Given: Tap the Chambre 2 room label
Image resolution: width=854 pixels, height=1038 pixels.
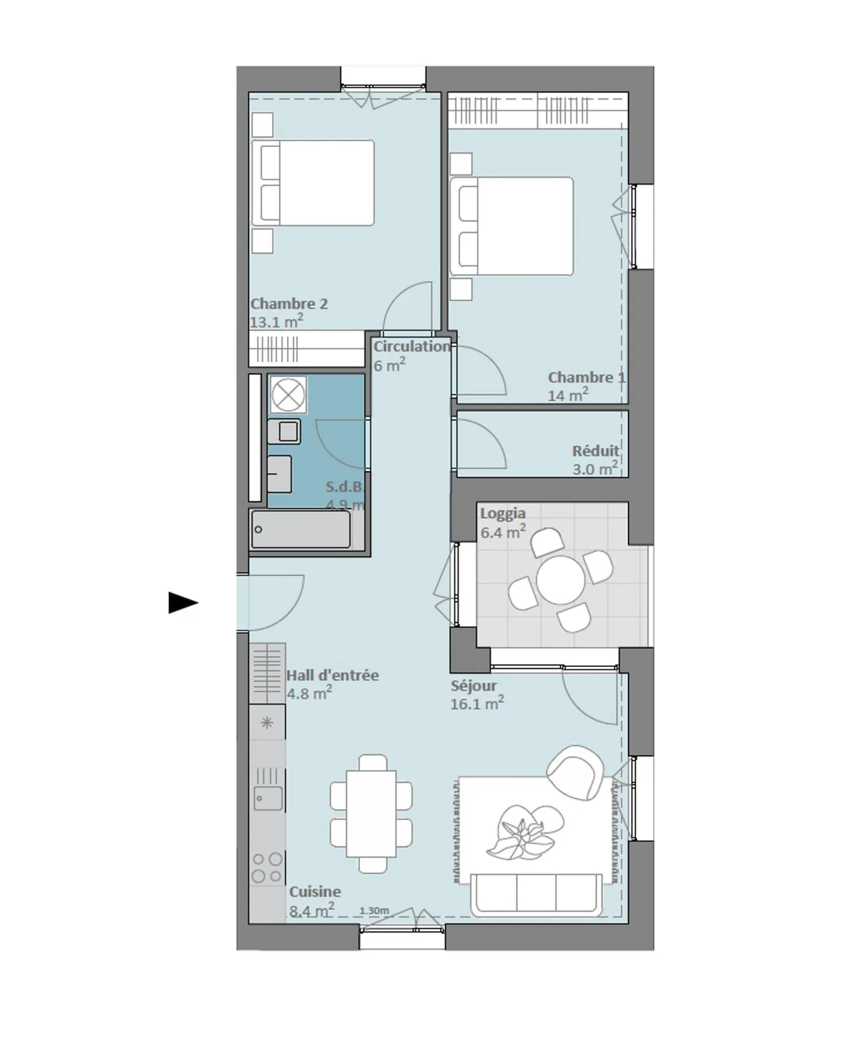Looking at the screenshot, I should click(289, 304).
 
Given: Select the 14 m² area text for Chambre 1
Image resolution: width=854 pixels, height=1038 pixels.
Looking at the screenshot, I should click(568, 395).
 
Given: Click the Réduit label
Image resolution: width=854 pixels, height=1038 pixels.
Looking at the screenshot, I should click(595, 451).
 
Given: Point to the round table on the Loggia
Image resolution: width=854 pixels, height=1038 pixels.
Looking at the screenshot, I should click(560, 579).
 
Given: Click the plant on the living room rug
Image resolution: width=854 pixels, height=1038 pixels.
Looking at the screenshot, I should click(523, 832).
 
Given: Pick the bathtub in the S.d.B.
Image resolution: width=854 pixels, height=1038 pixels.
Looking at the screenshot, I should click(301, 529).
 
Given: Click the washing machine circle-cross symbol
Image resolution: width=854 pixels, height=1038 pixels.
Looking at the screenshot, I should click(288, 394).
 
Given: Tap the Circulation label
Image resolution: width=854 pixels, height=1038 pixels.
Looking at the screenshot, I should click(412, 347).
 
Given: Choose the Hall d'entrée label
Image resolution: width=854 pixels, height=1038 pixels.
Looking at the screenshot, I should click(332, 675).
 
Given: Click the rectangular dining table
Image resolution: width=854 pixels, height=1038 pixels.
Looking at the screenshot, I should click(371, 813).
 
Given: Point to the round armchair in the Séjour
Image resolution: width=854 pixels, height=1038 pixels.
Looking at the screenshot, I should click(574, 772).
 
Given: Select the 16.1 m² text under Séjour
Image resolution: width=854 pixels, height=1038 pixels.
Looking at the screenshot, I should click(477, 704).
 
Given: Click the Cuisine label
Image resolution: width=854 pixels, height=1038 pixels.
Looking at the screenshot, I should click(315, 892).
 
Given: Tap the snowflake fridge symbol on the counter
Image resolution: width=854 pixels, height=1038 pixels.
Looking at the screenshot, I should click(267, 722).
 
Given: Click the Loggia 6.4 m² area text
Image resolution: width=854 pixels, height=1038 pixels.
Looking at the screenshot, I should click(502, 532).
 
